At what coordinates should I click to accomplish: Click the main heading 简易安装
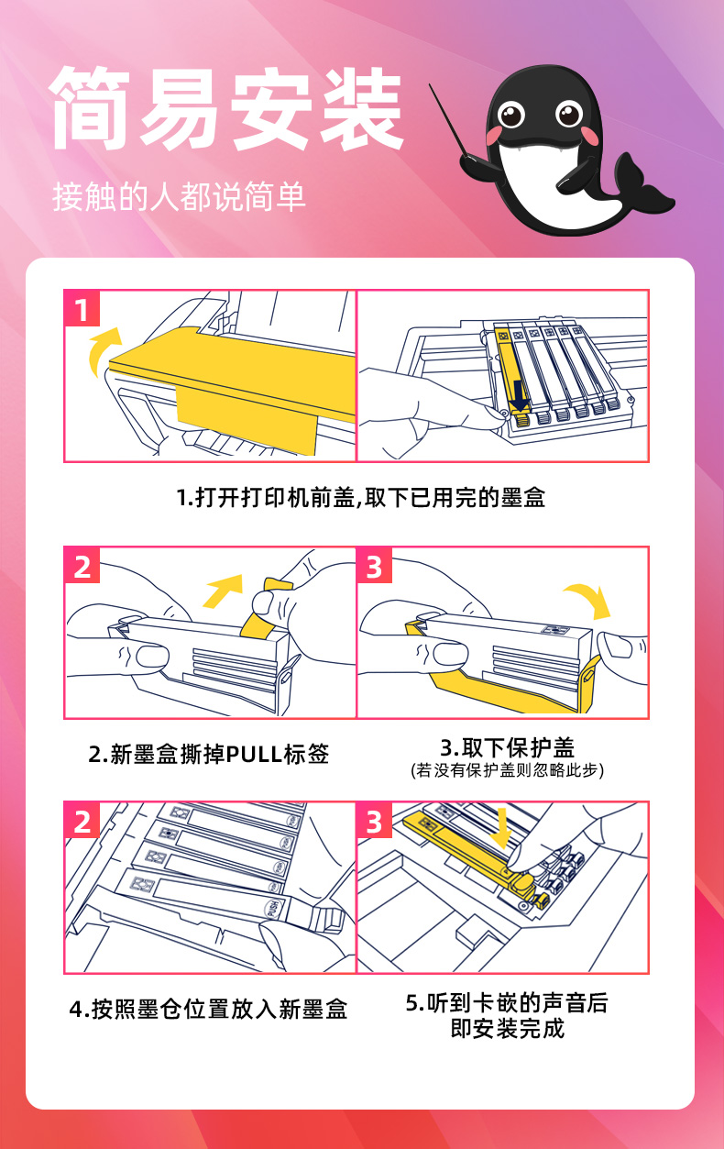[226, 109]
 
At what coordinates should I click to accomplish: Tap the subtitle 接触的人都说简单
[179, 196]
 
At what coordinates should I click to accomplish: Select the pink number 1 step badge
[82, 308]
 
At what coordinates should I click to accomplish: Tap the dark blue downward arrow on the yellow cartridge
[520, 396]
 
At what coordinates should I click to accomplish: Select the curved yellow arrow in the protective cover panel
[589, 599]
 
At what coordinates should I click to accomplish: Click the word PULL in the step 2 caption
[255, 755]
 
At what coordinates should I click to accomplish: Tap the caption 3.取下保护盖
[507, 747]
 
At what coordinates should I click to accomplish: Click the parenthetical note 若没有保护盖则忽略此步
[507, 770]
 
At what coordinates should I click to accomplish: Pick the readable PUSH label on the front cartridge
[273, 908]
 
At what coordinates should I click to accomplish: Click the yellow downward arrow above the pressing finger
[500, 828]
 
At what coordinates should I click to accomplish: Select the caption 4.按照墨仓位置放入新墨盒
[208, 1009]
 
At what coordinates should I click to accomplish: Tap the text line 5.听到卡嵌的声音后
[507, 1003]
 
